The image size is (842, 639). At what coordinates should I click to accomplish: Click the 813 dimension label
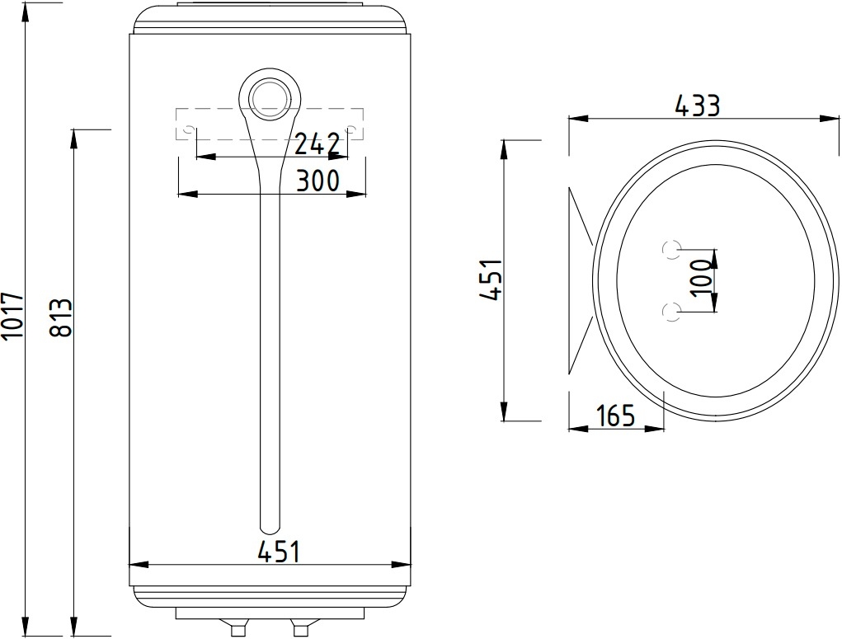(60, 318)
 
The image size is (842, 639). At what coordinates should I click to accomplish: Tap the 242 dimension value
(318, 144)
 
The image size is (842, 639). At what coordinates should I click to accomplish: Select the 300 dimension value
(318, 181)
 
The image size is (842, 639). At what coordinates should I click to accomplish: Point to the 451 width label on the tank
(278, 552)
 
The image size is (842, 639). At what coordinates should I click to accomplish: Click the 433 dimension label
(697, 106)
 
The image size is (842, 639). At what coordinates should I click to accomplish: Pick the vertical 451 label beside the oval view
(490, 280)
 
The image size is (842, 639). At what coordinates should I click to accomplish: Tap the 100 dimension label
(701, 278)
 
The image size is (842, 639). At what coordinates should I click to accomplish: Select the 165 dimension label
(615, 415)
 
